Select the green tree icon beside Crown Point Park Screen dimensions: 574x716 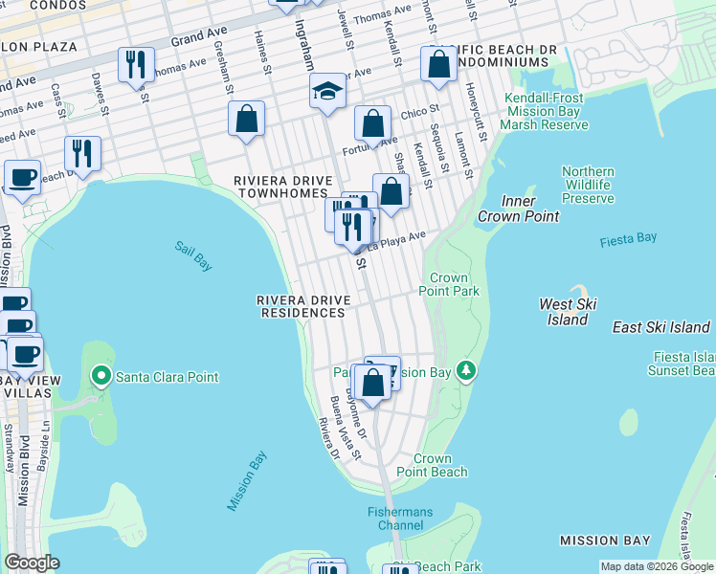[x=466, y=369]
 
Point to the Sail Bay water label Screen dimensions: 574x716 [x=192, y=255]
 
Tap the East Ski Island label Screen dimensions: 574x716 [x=661, y=327]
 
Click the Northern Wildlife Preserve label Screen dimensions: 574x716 [x=588, y=185]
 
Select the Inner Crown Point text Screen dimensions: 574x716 [x=531, y=209]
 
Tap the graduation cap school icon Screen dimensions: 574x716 [x=326, y=92]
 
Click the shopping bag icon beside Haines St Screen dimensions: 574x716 [x=246, y=120]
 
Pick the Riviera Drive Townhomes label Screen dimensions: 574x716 [x=283, y=187]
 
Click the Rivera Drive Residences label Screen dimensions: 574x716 [x=303, y=306]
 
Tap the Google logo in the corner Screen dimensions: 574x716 [x=32, y=563]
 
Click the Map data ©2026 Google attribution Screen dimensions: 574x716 [x=657, y=566]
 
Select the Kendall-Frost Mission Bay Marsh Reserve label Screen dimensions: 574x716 [x=544, y=112]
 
